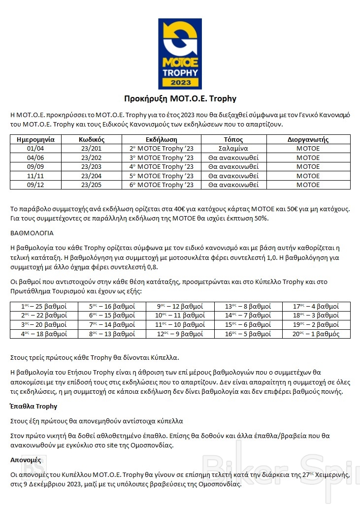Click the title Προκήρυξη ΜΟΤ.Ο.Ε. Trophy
[x=180, y=98]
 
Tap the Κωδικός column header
[x=91, y=139]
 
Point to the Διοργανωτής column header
[x=308, y=139]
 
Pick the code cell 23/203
[x=91, y=167]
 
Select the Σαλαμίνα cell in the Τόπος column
[x=233, y=149]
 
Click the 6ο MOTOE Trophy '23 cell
[x=162, y=185]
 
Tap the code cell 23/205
[x=91, y=185]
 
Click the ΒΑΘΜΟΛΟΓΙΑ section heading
[x=32, y=233]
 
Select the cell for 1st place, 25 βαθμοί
[x=44, y=307]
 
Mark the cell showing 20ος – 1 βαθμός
[x=316, y=334]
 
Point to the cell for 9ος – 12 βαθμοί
[x=180, y=307]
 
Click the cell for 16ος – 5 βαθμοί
[x=248, y=334]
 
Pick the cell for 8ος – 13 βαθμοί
[x=112, y=334]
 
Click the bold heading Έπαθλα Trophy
[x=33, y=407]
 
